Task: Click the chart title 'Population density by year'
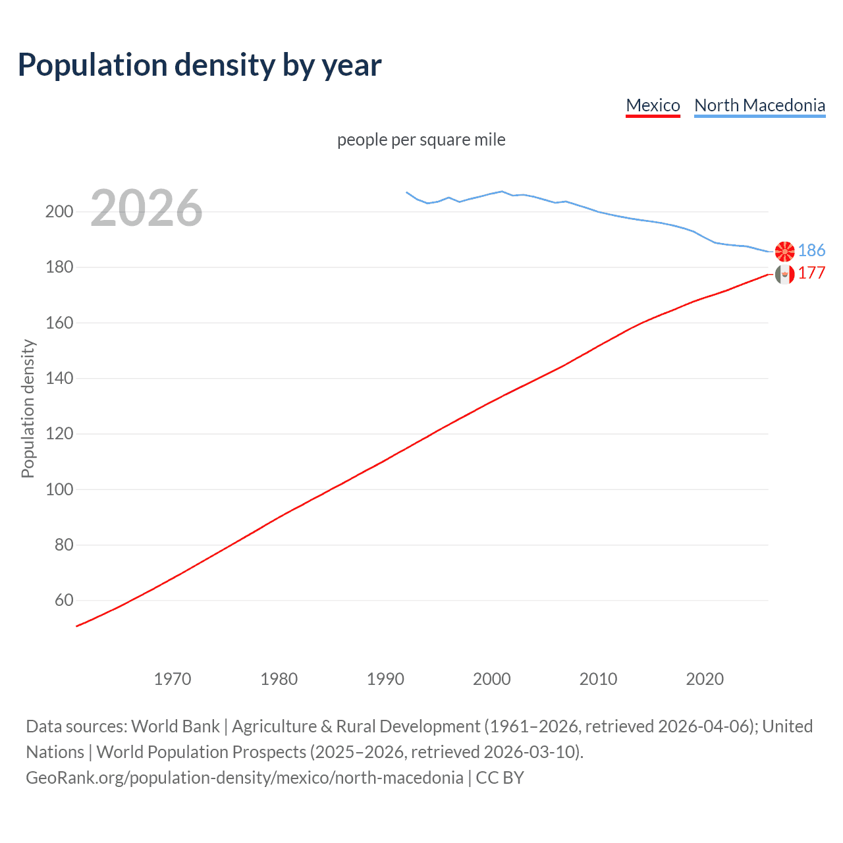(200, 65)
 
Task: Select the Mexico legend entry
(653, 105)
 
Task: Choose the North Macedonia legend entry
(759, 105)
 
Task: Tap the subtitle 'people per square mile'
(421, 140)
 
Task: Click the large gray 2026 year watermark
(146, 208)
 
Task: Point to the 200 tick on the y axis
(59, 212)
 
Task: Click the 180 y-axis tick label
(59, 267)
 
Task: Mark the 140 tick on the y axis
(59, 379)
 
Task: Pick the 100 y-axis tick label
(59, 489)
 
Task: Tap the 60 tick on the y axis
(64, 601)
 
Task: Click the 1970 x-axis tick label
(173, 679)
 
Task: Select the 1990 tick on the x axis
(385, 679)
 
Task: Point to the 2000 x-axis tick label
(492, 679)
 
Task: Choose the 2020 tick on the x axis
(705, 679)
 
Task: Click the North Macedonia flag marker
(784, 251)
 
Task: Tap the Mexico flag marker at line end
(784, 274)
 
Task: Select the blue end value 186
(811, 250)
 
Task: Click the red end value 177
(811, 273)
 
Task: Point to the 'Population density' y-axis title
(28, 408)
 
